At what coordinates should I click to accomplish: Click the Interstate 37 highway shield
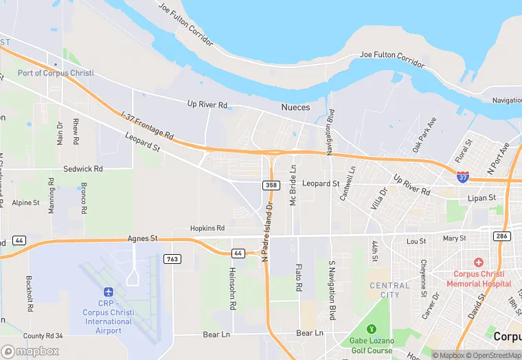coord(464,177)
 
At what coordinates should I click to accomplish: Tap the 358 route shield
coord(271,185)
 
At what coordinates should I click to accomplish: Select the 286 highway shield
coord(501,236)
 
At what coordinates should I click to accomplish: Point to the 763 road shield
coord(172,259)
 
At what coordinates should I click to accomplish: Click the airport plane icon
coord(108,293)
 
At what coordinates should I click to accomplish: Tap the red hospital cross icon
coord(478,263)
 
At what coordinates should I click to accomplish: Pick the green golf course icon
coord(372,329)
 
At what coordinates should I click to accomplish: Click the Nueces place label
coord(295,107)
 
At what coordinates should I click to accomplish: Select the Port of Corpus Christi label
coord(56,73)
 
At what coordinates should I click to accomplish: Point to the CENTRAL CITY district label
coord(389,290)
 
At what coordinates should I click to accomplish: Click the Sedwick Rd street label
coord(82,168)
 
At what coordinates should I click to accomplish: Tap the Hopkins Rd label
coord(207,228)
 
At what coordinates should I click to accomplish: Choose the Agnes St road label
coord(143,238)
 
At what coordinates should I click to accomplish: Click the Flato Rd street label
coord(299,277)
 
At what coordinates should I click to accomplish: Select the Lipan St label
coord(482,198)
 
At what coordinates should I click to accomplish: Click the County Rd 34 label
coord(43,336)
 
